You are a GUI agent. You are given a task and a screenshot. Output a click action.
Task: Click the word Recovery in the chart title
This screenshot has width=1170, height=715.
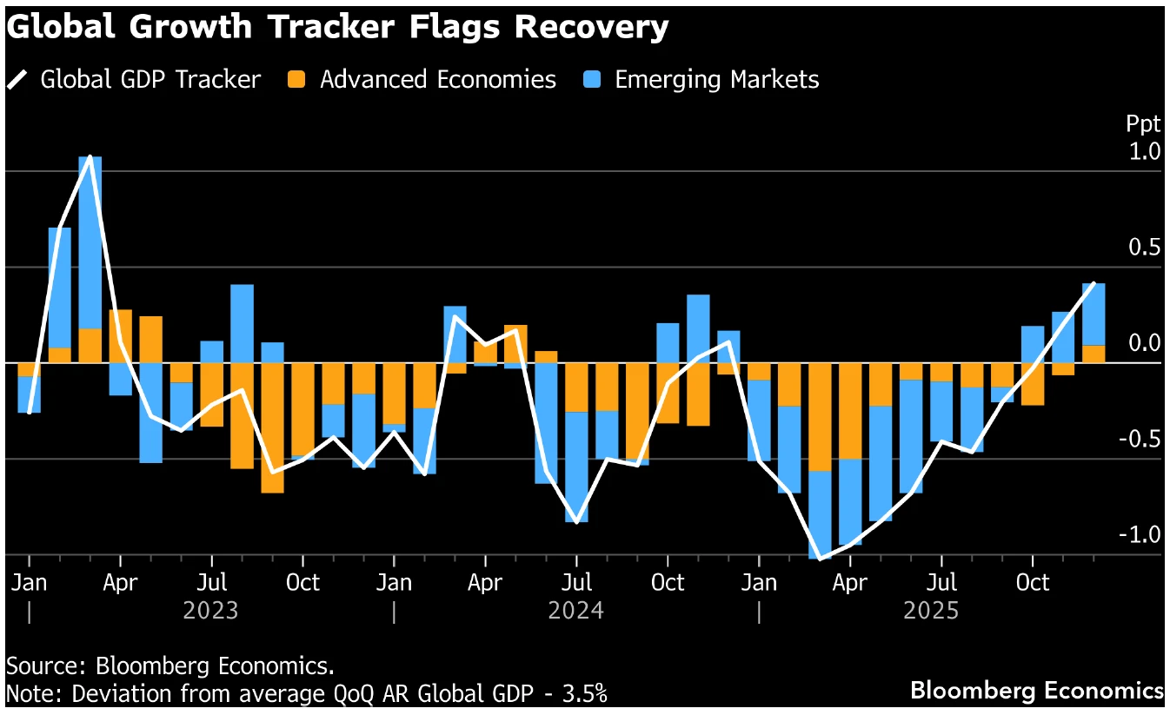coord(592,27)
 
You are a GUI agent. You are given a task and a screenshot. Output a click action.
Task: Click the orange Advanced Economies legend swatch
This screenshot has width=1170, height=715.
coord(296,80)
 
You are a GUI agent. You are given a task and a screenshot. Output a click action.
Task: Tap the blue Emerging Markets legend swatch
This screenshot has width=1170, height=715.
coord(592,80)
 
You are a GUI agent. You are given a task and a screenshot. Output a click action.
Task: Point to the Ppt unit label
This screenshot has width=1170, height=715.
coord(1142,124)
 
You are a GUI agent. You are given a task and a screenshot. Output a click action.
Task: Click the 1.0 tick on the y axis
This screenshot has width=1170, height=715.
coord(1145,152)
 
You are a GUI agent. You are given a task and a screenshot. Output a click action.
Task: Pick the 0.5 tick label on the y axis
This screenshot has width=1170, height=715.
coord(1145,248)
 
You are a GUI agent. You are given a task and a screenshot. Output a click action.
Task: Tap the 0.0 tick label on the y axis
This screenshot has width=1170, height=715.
coord(1145,343)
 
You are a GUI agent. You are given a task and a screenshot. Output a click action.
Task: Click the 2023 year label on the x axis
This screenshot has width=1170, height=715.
coord(210,611)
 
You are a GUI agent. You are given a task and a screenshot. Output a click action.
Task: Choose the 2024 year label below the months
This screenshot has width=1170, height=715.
coord(575,611)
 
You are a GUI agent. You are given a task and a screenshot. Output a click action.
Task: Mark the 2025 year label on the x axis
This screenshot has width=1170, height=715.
coord(931,611)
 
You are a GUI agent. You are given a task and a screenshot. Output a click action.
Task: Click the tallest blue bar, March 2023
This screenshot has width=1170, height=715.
coord(90,242)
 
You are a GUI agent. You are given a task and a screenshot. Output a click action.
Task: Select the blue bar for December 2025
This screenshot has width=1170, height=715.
coord(1094,314)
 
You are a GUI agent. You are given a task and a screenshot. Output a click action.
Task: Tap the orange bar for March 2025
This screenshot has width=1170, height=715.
coord(820,417)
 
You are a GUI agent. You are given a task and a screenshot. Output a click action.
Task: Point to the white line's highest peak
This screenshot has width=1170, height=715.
coord(90,157)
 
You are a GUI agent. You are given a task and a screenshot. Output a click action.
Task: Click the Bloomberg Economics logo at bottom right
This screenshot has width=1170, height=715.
coord(1036,692)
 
